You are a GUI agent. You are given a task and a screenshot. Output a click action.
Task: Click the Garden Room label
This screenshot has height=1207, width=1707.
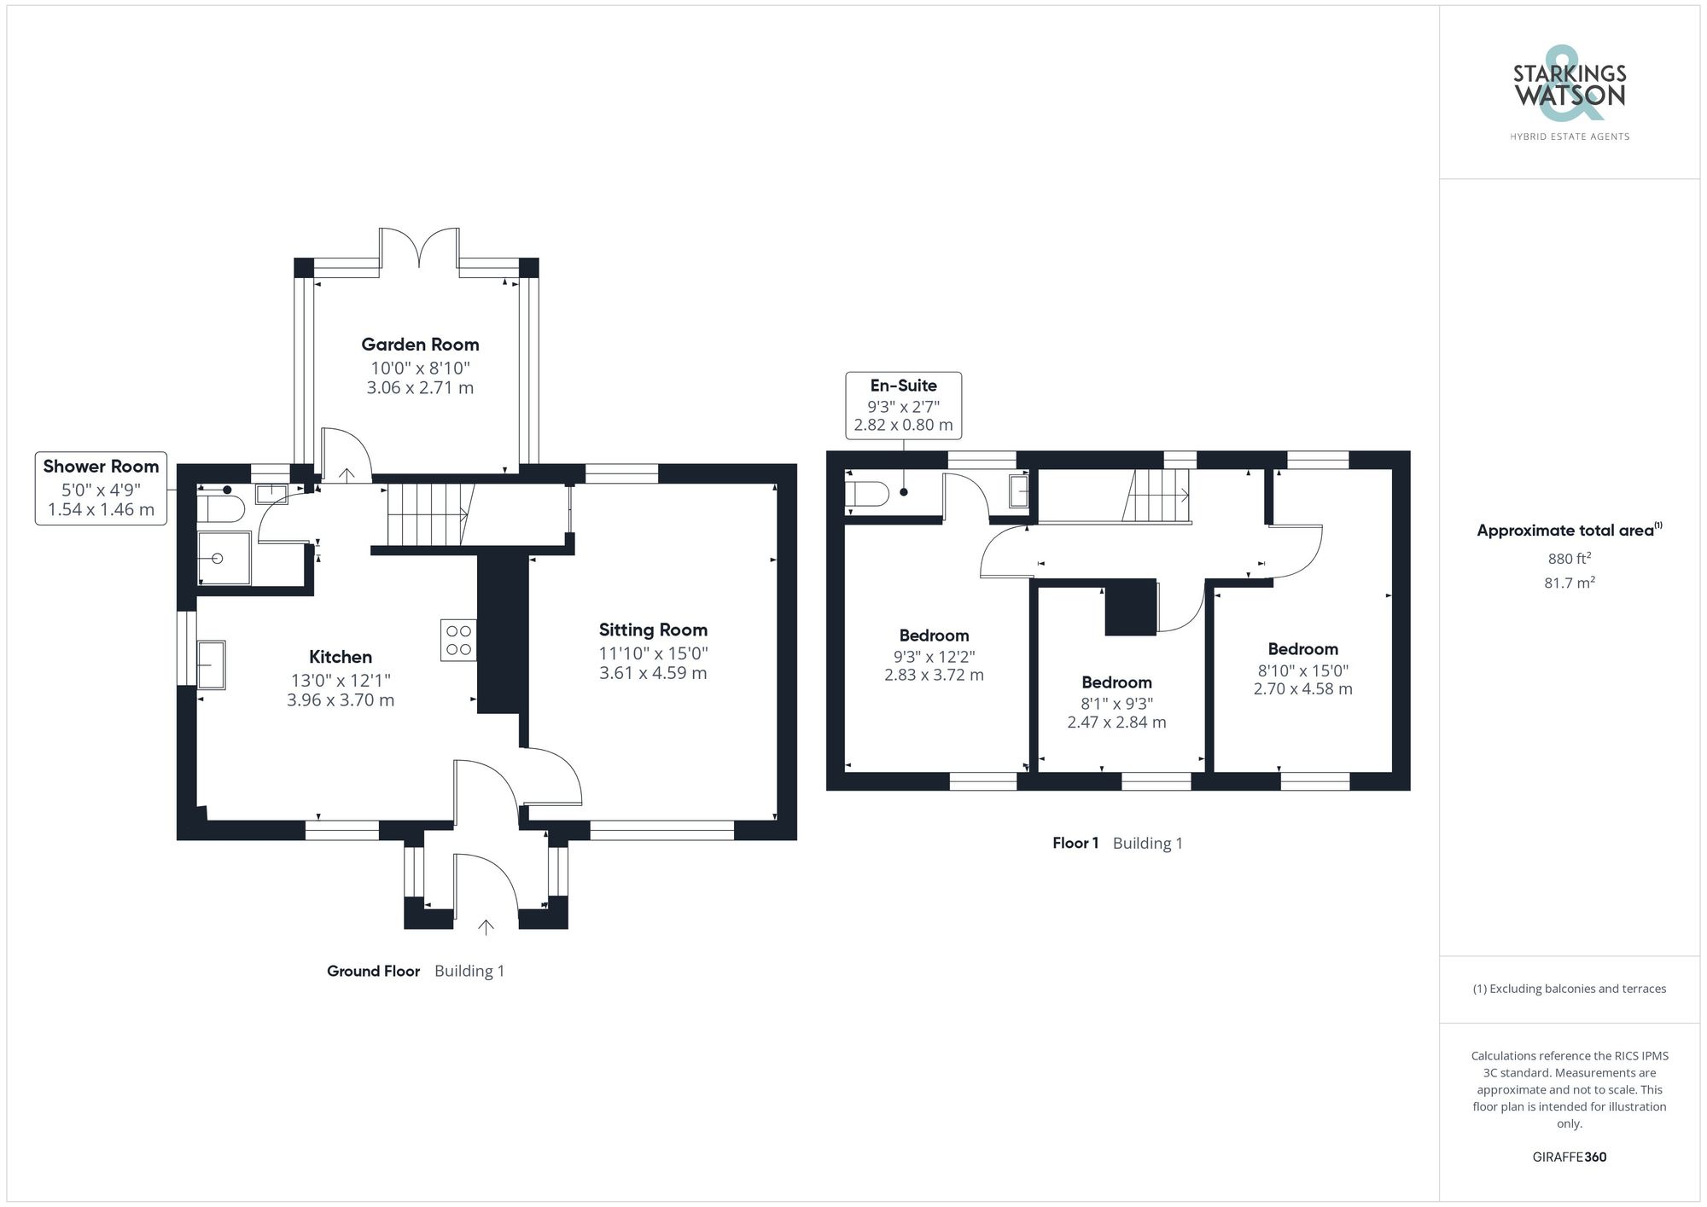pos(420,345)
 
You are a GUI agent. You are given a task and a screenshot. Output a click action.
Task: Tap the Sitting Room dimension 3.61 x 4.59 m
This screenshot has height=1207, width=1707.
pos(653,673)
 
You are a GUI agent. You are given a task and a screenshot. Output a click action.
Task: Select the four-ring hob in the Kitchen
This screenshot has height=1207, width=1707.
pos(458,640)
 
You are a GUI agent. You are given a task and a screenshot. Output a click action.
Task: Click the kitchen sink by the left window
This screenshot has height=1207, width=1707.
pos(211,664)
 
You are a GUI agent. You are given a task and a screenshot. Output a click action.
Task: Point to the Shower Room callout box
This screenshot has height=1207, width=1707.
pos(101,488)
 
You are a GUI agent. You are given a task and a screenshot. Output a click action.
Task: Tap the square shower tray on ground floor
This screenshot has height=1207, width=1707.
pos(224,558)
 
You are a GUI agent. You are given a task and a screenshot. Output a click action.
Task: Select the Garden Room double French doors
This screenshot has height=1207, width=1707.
pos(419,247)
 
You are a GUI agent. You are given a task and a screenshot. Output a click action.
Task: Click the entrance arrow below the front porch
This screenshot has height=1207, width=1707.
pos(486,927)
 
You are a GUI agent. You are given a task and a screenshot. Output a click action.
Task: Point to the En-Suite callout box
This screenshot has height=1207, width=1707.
pos(903,405)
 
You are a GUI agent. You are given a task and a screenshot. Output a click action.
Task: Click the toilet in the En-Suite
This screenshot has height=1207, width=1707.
pos(867,494)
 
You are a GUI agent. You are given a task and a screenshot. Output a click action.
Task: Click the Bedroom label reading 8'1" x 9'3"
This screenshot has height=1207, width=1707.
pos(1116,682)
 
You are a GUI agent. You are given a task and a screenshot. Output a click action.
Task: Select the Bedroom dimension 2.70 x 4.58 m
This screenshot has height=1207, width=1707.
pos(1302,689)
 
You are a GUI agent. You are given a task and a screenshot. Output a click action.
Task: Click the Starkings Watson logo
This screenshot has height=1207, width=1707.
pos(1569,94)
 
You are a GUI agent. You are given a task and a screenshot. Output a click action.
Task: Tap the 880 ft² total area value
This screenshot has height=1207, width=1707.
pos(1569,559)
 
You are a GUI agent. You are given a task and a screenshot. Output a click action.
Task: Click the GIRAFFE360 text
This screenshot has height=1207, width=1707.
pos(1569,1158)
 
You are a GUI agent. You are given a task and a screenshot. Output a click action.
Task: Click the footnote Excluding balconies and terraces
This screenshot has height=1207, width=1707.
pos(1569,989)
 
